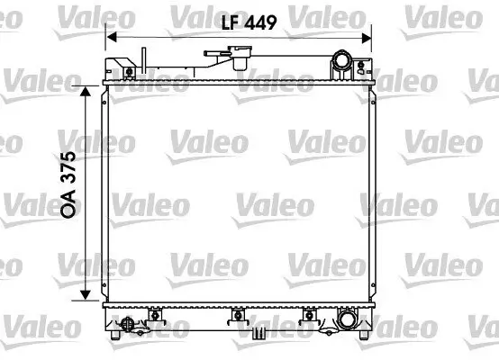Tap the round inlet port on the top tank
(x=343, y=63)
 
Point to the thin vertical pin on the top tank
(x=141, y=59)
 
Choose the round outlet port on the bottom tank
(x=348, y=319)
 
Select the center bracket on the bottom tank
(x=238, y=315)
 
